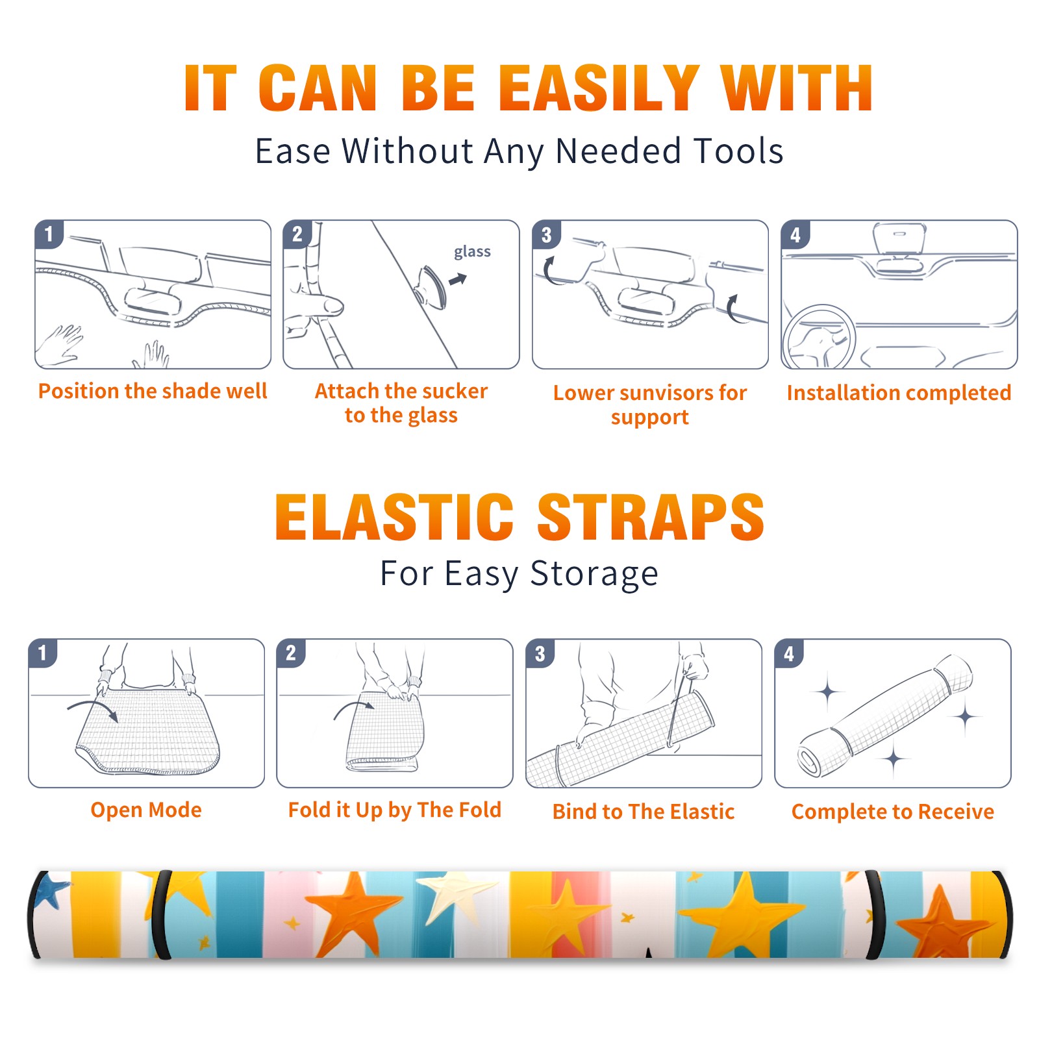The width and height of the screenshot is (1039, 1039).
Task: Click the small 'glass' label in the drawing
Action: (x=472, y=252)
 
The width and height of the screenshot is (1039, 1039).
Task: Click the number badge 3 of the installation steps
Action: (x=547, y=234)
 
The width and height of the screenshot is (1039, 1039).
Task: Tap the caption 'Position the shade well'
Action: (x=153, y=391)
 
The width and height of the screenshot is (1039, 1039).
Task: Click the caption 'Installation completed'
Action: (x=899, y=393)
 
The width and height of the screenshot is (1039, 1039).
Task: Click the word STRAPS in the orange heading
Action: (x=651, y=517)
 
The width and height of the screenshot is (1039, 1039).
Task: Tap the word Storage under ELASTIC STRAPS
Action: (x=594, y=574)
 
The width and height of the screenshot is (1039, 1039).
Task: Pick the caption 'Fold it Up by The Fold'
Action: (x=395, y=810)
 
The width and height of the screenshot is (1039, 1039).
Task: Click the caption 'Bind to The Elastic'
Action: (x=644, y=811)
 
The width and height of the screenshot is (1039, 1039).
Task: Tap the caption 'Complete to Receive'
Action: (x=893, y=812)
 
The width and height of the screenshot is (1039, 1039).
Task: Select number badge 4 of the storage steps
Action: (x=789, y=653)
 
